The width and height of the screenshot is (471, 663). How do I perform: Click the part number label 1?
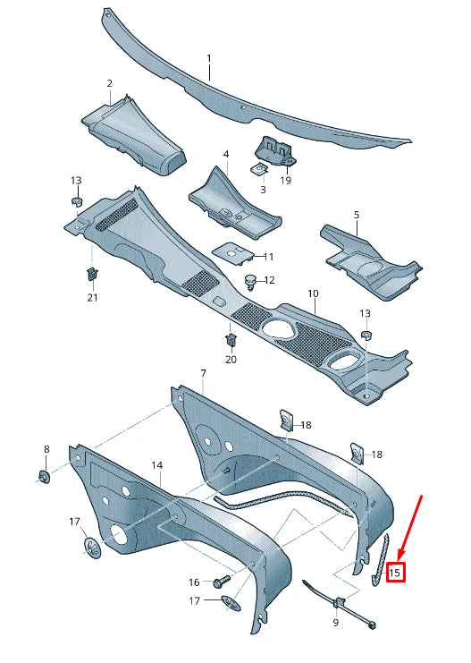click(210, 59)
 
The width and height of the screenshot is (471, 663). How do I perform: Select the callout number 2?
click(109, 84)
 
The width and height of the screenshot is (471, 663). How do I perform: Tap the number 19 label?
click(286, 180)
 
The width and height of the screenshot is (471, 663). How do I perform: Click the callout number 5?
click(356, 215)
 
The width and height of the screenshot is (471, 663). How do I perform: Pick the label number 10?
click(313, 293)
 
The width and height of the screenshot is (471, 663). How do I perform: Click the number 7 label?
click(203, 372)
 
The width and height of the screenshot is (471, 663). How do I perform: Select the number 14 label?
click(156, 465)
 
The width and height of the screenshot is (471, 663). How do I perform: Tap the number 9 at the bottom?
click(335, 622)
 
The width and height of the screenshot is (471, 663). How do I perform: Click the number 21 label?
click(92, 297)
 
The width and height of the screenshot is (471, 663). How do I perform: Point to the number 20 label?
click(231, 359)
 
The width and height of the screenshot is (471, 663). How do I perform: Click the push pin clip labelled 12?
click(251, 282)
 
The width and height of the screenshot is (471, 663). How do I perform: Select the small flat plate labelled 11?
click(234, 251)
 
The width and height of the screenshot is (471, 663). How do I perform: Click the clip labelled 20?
click(230, 340)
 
